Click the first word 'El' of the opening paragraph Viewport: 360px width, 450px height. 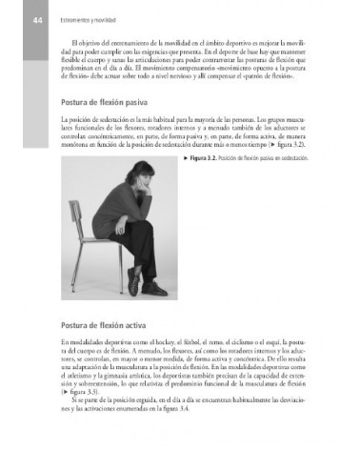point(73,44)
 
